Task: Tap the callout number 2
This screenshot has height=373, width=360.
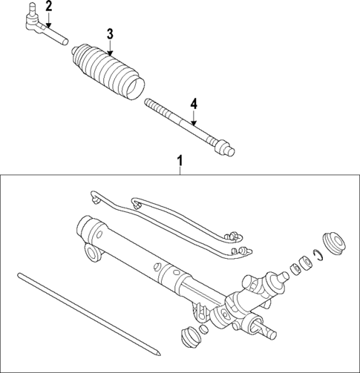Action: [x=48, y=7]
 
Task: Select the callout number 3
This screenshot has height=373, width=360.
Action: [x=110, y=33]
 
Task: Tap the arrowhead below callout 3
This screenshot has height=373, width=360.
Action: [x=110, y=53]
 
